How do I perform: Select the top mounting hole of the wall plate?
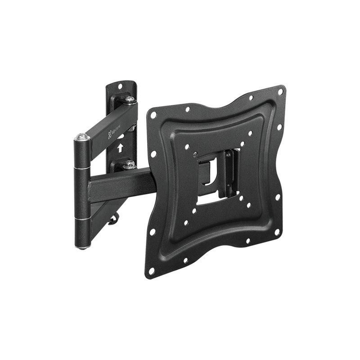tap(120, 85)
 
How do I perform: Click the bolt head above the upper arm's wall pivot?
tap(129, 99)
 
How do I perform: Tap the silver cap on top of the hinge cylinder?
tap(82, 136)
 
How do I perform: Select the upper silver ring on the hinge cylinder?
tap(81, 167)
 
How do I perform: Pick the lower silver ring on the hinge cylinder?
tap(82, 219)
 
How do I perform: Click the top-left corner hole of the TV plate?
tap(153, 115)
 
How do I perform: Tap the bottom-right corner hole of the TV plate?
tap(277, 232)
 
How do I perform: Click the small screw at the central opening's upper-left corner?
tap(194, 154)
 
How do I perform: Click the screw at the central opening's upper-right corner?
tap(228, 154)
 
